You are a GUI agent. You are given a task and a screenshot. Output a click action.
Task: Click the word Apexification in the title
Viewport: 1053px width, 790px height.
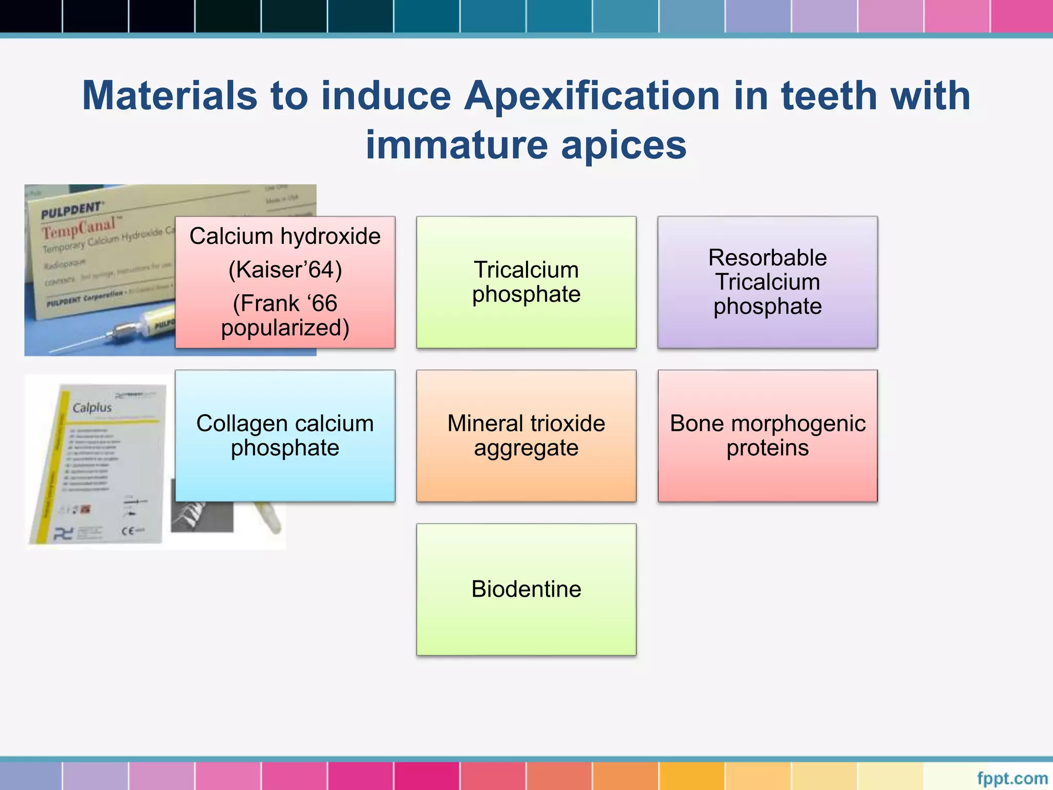(x=592, y=96)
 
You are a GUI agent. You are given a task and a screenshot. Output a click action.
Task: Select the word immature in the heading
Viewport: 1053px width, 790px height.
(x=456, y=145)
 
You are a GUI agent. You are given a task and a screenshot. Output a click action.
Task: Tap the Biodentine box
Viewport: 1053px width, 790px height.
(x=526, y=589)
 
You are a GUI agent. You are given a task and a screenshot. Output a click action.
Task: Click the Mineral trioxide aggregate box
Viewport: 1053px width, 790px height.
(x=526, y=436)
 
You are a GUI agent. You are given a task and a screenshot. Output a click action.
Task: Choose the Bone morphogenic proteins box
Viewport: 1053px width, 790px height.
(x=767, y=436)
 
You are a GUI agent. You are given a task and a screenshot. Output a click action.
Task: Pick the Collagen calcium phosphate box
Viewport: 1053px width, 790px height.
(x=285, y=436)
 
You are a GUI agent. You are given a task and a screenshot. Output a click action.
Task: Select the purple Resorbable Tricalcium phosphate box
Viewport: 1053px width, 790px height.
(x=767, y=282)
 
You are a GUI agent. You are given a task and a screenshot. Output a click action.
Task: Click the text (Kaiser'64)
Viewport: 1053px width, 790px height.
(x=285, y=270)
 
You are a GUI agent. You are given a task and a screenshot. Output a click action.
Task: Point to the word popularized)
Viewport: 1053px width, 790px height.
(x=285, y=328)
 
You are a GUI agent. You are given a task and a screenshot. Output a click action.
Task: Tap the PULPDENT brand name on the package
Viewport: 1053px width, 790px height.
(x=71, y=210)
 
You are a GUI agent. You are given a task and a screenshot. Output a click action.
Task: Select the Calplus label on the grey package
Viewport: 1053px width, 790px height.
(x=92, y=408)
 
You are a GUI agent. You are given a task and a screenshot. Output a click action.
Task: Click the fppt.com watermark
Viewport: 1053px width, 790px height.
(x=1012, y=778)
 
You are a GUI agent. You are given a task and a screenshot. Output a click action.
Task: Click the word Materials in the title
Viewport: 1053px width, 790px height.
(x=170, y=96)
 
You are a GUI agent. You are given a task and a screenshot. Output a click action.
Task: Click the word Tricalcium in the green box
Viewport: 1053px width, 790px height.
(x=526, y=270)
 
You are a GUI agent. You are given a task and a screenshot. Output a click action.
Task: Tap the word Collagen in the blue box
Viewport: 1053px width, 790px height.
(x=237, y=424)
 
